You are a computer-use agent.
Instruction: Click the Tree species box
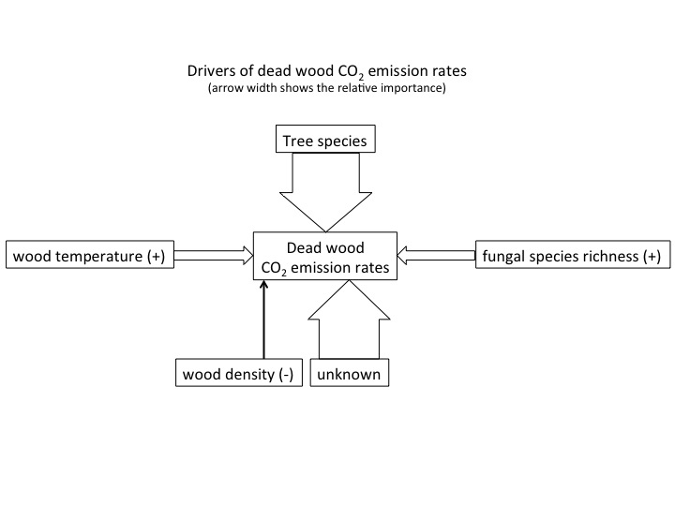point(325,139)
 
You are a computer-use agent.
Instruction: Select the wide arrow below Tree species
point(326,192)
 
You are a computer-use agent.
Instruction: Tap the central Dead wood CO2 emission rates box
point(325,256)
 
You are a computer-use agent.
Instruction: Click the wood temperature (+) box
point(90,255)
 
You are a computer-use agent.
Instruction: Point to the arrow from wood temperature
point(214,255)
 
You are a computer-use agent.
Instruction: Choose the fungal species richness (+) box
point(573,255)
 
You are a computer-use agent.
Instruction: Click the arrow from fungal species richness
point(436,255)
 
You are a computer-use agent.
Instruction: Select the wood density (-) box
point(239,373)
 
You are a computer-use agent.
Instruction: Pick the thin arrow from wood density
point(263,320)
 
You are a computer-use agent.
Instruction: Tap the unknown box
point(350,373)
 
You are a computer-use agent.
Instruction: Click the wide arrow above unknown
point(349,320)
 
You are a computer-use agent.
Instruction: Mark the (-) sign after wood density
point(286,374)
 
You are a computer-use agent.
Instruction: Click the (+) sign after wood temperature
point(157,257)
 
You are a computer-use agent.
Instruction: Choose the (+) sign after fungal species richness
point(652,257)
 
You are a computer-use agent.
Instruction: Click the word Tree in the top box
point(297,141)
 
